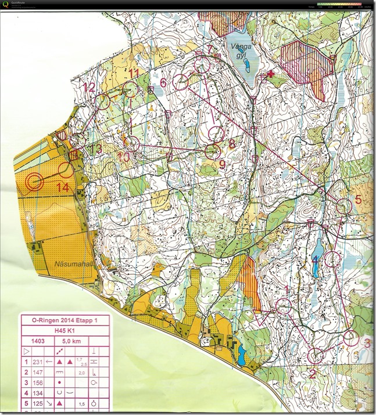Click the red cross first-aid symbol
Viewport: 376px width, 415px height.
(270, 74)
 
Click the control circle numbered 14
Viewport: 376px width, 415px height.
(66, 169)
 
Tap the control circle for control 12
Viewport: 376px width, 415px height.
(103, 102)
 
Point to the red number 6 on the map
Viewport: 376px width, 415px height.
(163, 83)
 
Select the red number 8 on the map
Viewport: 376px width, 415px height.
(232, 143)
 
